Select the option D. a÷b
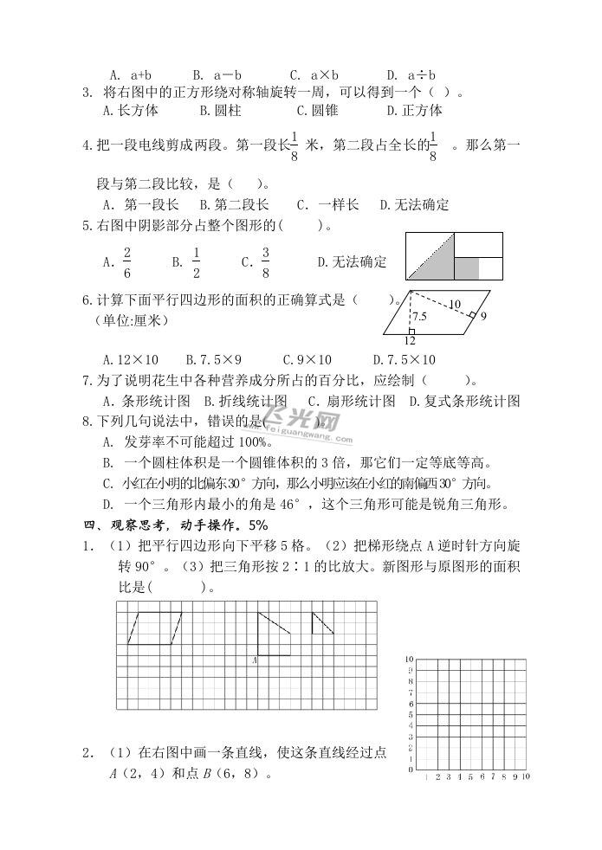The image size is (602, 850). [x=411, y=74]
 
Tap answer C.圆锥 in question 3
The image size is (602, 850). [x=317, y=110]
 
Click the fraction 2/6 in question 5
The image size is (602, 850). [x=126, y=261]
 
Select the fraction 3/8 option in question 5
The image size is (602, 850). [x=265, y=261]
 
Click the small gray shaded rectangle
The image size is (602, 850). [x=467, y=267]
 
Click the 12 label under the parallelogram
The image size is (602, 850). [x=409, y=340]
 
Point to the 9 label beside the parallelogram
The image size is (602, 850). [x=482, y=317]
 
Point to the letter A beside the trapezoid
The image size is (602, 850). [x=254, y=660]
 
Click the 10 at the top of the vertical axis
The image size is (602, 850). [x=408, y=660]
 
